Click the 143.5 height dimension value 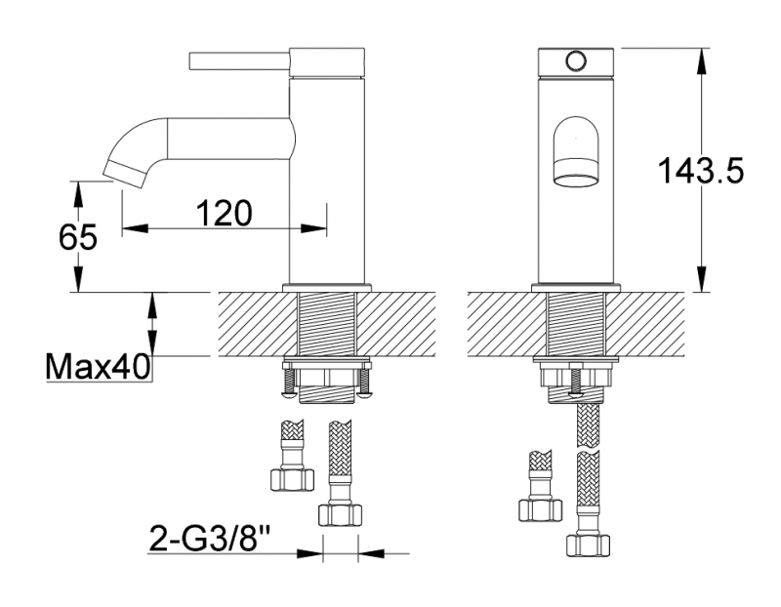[700, 171]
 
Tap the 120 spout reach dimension [225, 213]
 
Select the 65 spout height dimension [78, 237]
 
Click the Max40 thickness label [97, 367]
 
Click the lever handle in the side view [239, 61]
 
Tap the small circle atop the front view [576, 61]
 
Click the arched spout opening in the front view [576, 152]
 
